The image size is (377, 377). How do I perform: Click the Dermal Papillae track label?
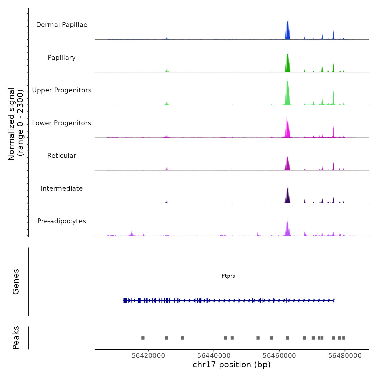click(62, 25)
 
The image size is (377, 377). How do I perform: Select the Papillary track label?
click(62, 58)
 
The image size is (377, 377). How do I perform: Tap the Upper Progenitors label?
click(62, 90)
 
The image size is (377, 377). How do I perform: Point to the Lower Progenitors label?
click(62, 123)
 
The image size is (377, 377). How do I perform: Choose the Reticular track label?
click(62, 156)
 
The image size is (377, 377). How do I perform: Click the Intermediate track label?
click(62, 188)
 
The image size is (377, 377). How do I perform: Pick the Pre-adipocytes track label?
click(62, 221)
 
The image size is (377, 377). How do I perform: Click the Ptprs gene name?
click(228, 276)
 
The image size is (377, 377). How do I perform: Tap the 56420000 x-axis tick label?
click(148, 355)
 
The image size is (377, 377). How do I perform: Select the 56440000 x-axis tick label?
click(214, 355)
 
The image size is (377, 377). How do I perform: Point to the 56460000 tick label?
click(280, 355)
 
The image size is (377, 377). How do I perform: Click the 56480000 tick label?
click(345, 355)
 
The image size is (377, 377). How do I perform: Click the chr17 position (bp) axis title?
click(232, 365)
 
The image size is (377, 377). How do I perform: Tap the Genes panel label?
click(16, 282)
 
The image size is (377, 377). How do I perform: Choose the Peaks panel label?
click(16, 338)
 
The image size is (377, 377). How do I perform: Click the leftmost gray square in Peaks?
click(143, 338)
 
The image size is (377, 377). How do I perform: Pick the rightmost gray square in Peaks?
click(344, 338)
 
